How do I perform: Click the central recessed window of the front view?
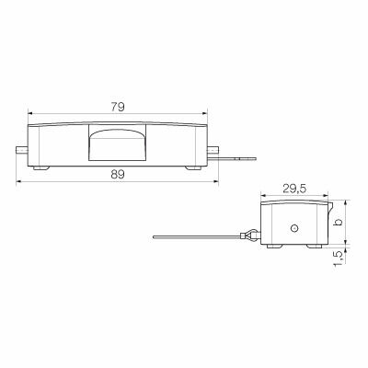(x=117, y=144)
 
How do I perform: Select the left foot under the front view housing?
(x=42, y=167)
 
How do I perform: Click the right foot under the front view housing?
(x=191, y=167)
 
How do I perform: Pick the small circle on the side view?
(x=293, y=227)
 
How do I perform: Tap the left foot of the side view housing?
(x=270, y=247)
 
